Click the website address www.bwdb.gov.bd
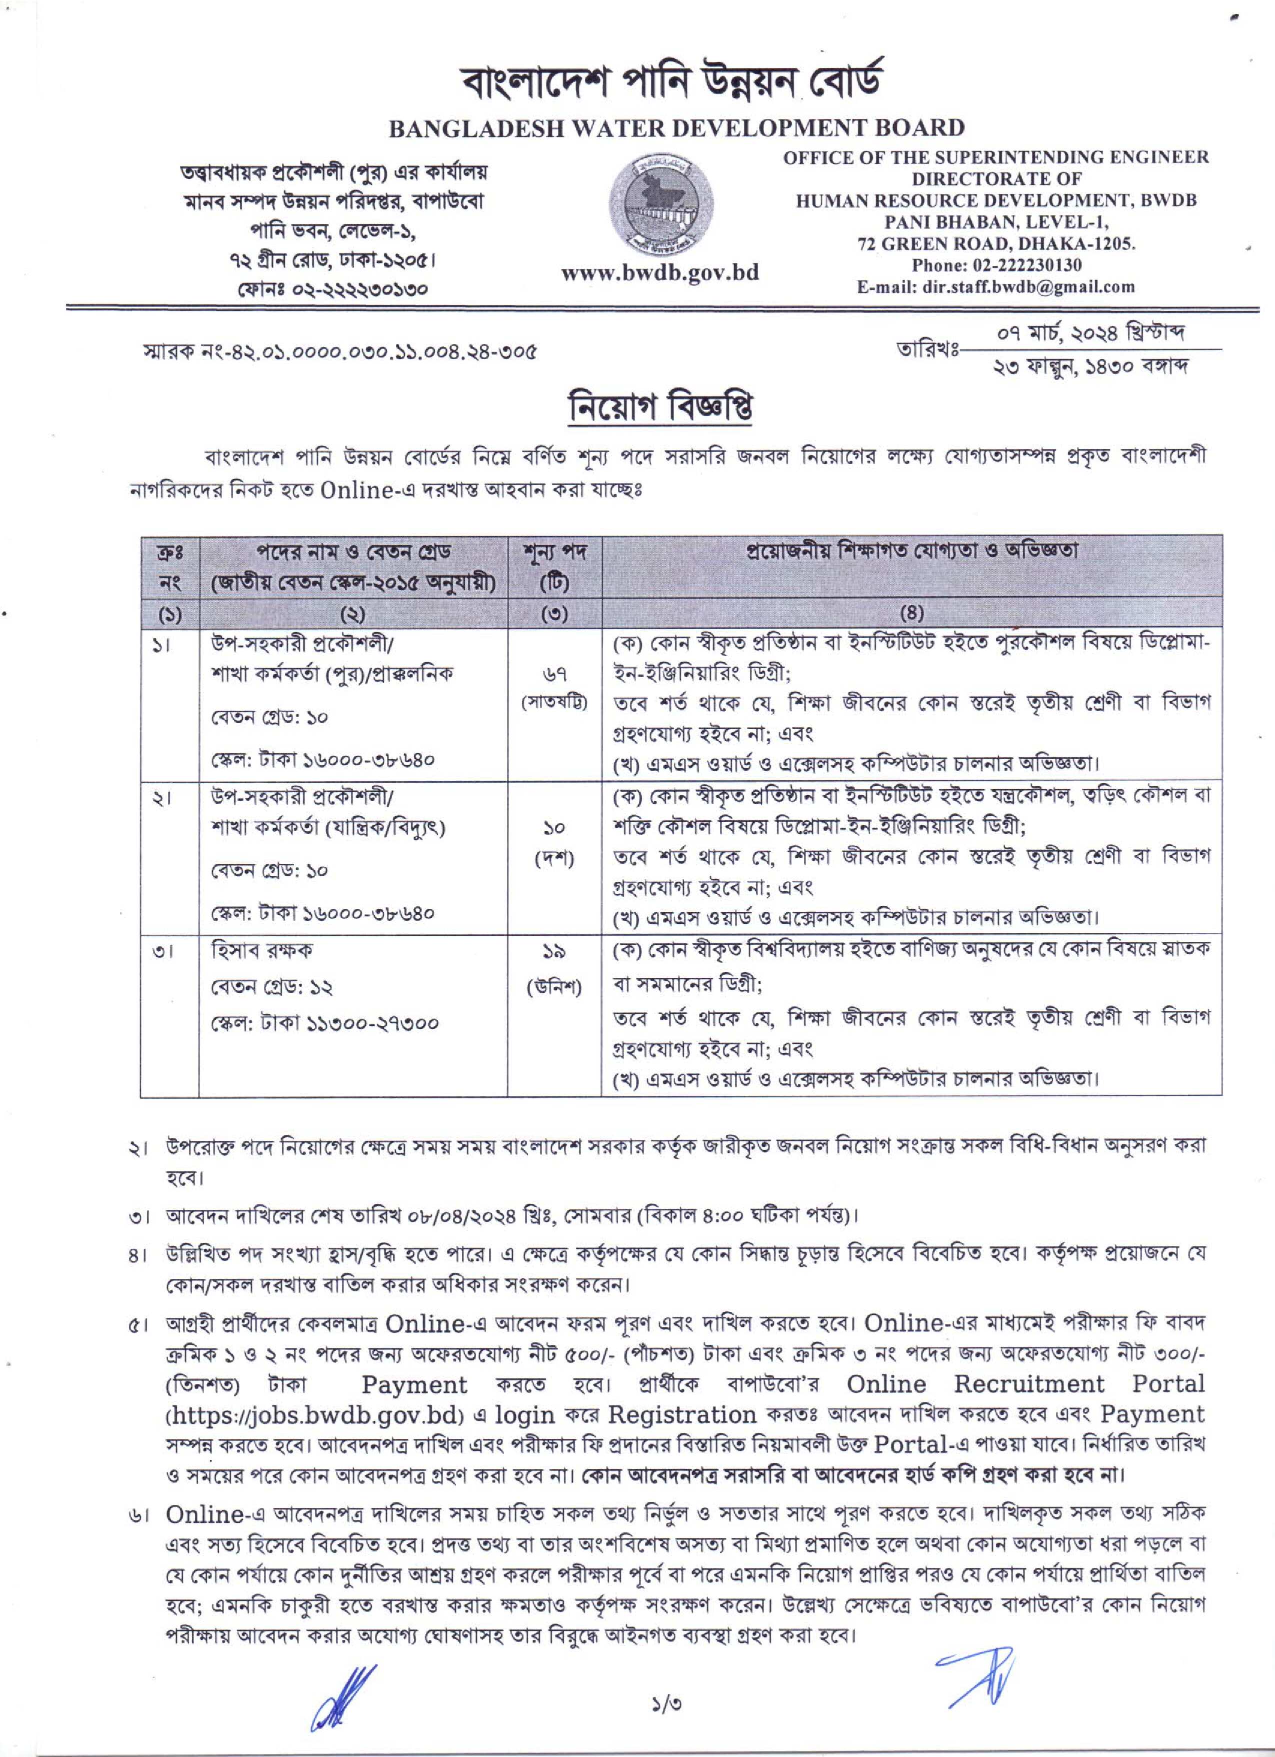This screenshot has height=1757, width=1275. coord(660,273)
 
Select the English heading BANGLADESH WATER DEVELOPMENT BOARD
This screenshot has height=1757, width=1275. coord(675,128)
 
